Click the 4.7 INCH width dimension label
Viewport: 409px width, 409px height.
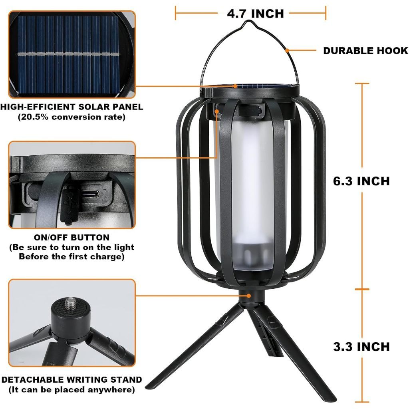click(x=255, y=14)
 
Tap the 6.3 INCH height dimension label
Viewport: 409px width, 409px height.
click(x=361, y=181)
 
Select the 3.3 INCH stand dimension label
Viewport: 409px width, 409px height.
click(x=361, y=347)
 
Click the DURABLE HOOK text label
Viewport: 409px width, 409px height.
click(x=366, y=51)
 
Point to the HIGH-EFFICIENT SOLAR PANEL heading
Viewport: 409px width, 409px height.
click(x=72, y=107)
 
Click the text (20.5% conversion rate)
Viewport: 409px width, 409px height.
click(x=72, y=117)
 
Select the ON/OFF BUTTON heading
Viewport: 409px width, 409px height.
click(x=72, y=237)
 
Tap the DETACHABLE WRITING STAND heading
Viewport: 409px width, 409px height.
click(x=72, y=379)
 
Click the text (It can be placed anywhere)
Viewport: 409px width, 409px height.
click(x=72, y=390)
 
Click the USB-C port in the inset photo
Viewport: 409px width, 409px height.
click(x=90, y=194)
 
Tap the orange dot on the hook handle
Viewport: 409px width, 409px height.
click(x=287, y=50)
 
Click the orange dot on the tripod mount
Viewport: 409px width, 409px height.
click(x=248, y=296)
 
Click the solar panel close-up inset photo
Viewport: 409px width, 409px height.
click(x=72, y=54)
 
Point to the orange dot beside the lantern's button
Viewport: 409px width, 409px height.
click(x=217, y=111)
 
